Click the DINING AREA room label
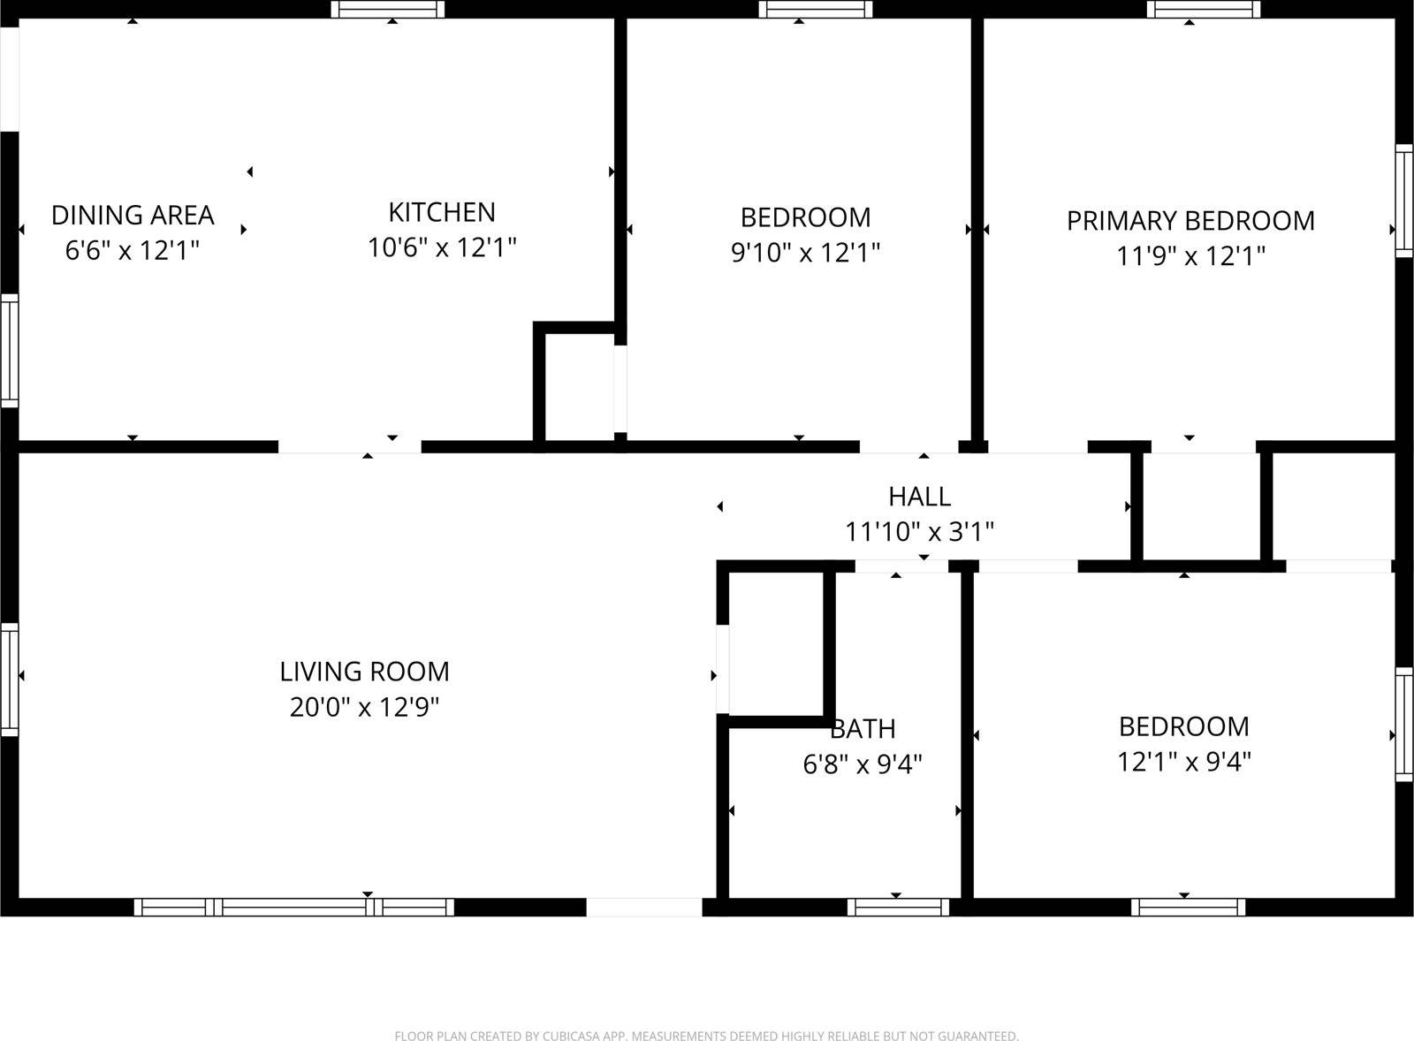133,215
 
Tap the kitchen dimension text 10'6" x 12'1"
441,247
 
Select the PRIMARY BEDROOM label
1190,220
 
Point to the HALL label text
919,496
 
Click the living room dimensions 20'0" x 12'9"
364,707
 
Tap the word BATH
863,729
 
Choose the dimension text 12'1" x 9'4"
1183,762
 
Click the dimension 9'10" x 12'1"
805,253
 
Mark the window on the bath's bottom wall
897,907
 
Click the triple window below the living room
294,907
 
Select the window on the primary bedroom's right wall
1403,201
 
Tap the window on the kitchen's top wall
388,10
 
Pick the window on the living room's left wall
9,679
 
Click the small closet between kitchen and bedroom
580,384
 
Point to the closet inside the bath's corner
775,644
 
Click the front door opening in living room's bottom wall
644,907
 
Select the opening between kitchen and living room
349,446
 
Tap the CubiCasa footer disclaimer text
706,1036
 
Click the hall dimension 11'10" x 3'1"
919,532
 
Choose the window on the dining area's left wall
9,351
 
